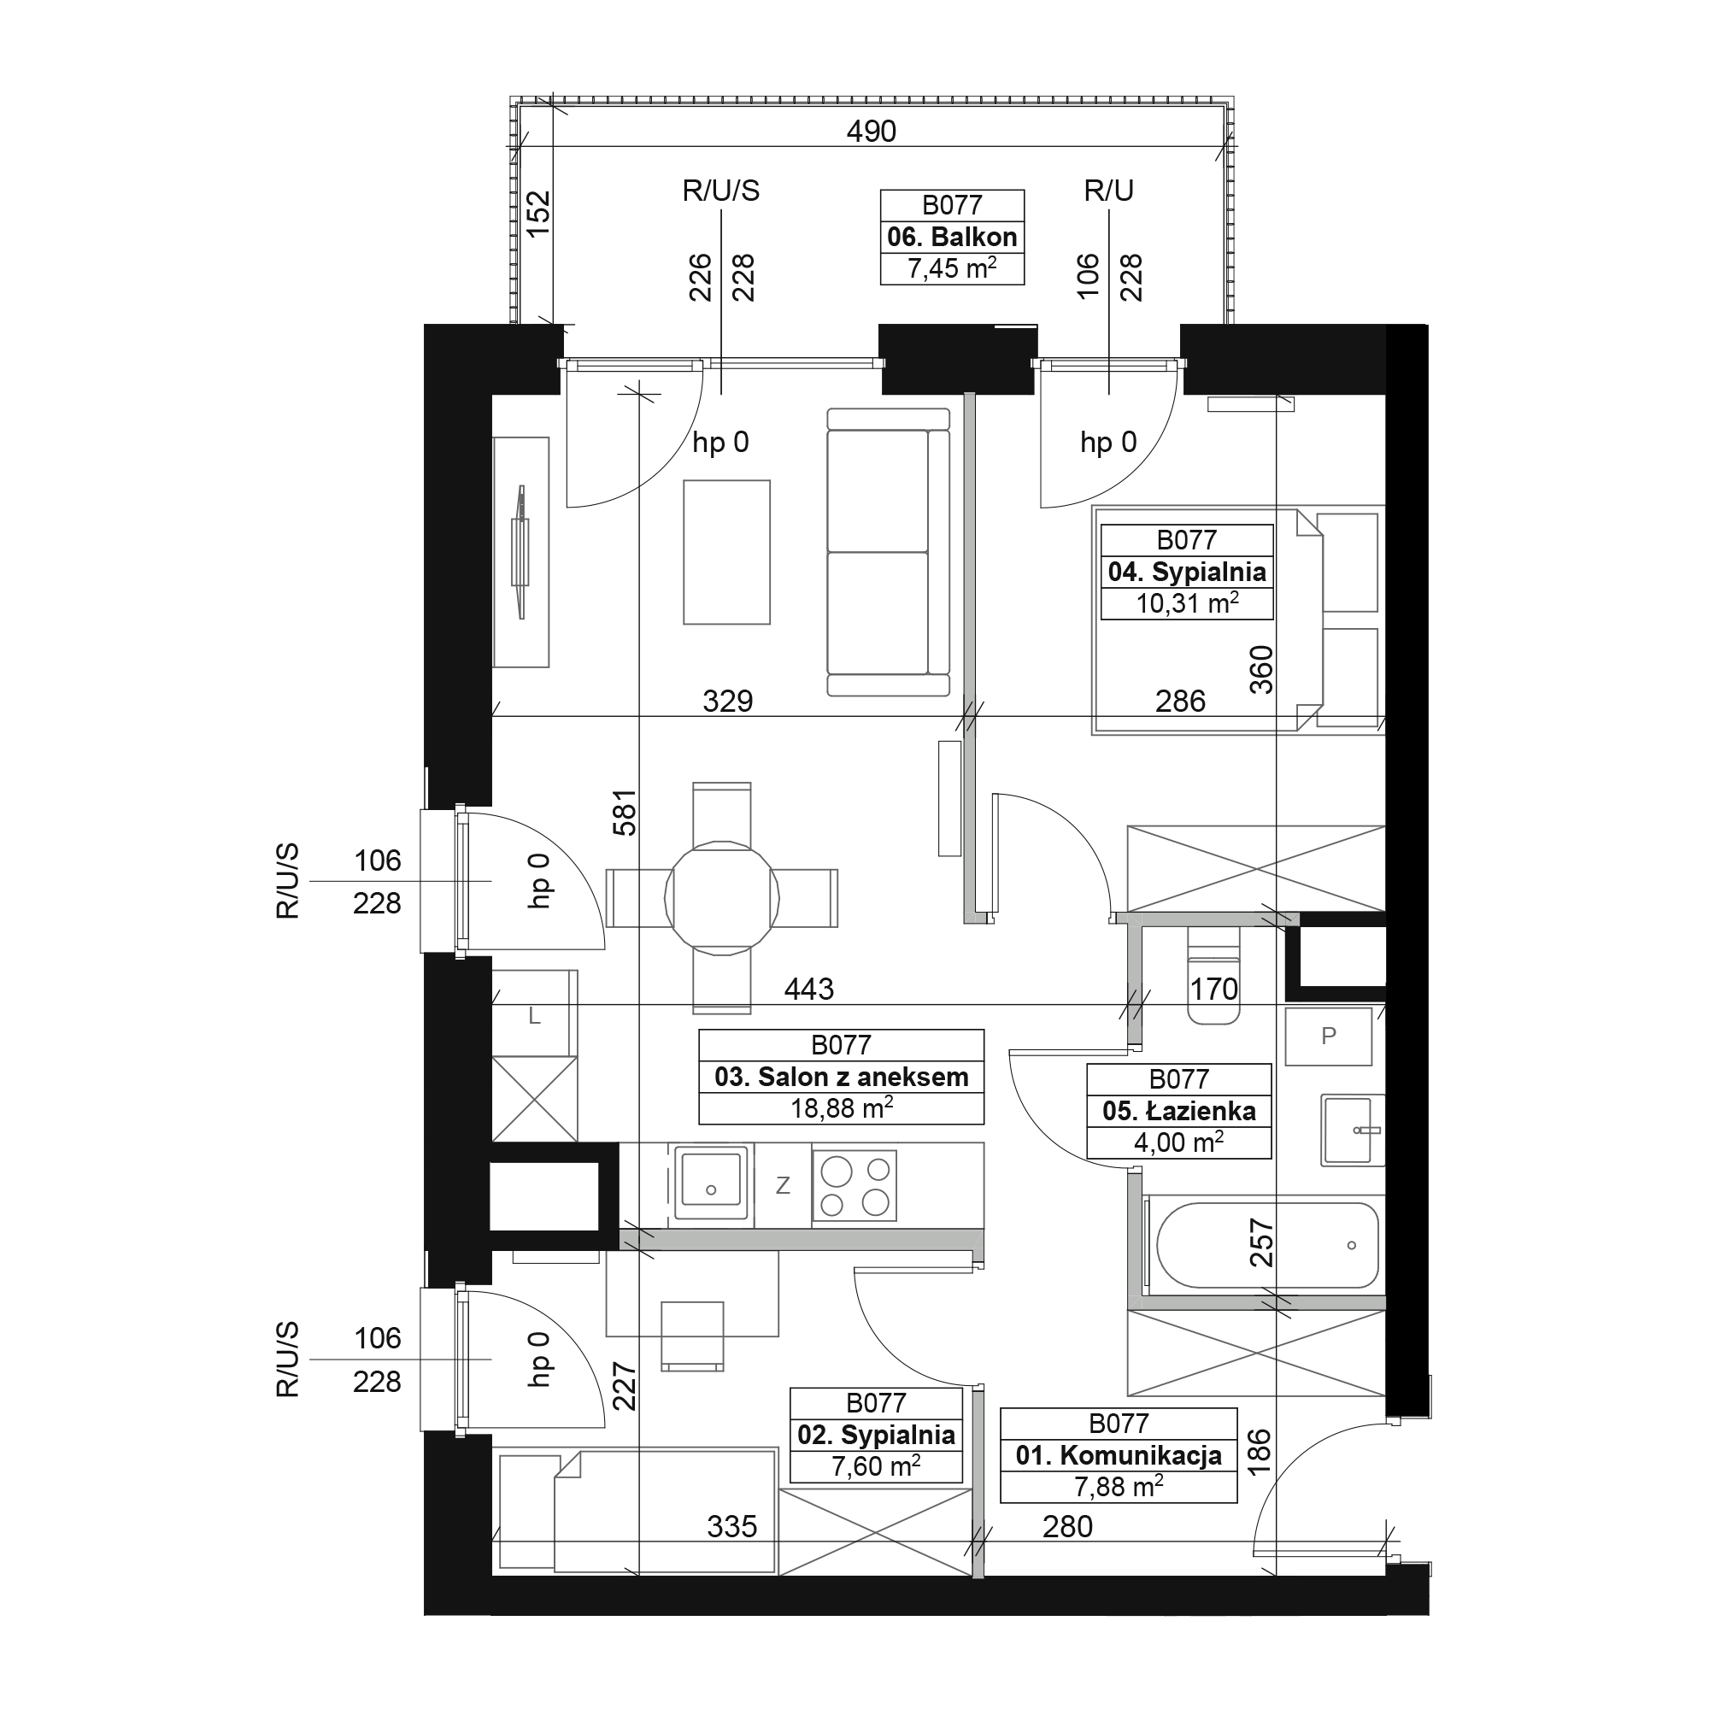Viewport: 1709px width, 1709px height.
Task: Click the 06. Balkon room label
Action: pyautogui.click(x=952, y=237)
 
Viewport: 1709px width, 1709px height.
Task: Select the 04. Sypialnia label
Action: pyautogui.click(x=1186, y=572)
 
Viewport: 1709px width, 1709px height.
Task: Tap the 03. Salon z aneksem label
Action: pyautogui.click(x=841, y=1077)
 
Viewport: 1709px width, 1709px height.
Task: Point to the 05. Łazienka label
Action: pyautogui.click(x=1178, y=1111)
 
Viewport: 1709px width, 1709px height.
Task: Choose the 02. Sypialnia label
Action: pyautogui.click(x=876, y=1434)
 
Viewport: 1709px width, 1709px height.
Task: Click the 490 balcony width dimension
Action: pyautogui.click(x=872, y=131)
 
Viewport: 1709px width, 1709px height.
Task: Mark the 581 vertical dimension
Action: pyautogui.click(x=625, y=812)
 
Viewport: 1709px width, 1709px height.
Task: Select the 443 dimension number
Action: pyautogui.click(x=808, y=988)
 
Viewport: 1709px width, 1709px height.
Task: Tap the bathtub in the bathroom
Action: pyautogui.click(x=1266, y=1246)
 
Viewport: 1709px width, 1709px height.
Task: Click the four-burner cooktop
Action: pyautogui.click(x=854, y=1185)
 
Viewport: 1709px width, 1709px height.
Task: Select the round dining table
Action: pyautogui.click(x=722, y=899)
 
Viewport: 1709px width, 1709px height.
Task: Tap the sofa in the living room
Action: pyautogui.click(x=888, y=552)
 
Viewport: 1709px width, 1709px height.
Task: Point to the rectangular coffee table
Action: pyautogui.click(x=726, y=552)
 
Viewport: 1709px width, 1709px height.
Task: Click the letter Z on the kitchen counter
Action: pyautogui.click(x=783, y=1185)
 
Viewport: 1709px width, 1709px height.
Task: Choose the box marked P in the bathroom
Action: pyautogui.click(x=1328, y=1036)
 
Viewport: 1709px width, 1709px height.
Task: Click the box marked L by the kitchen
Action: pyautogui.click(x=534, y=1015)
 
